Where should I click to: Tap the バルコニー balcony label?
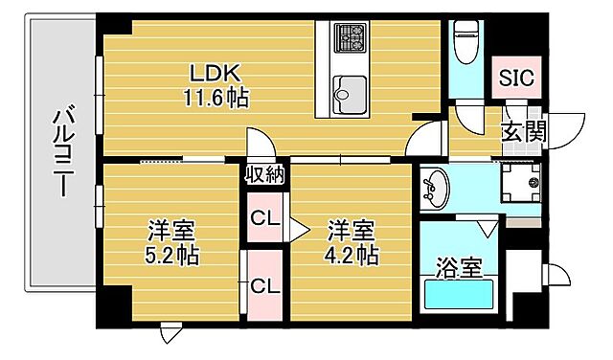coord(61,151)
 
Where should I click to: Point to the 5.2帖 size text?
coord(172,256)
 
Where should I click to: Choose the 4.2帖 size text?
coord(352,256)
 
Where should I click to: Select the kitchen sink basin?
coord(346,93)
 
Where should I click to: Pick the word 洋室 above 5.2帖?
coord(172,232)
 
